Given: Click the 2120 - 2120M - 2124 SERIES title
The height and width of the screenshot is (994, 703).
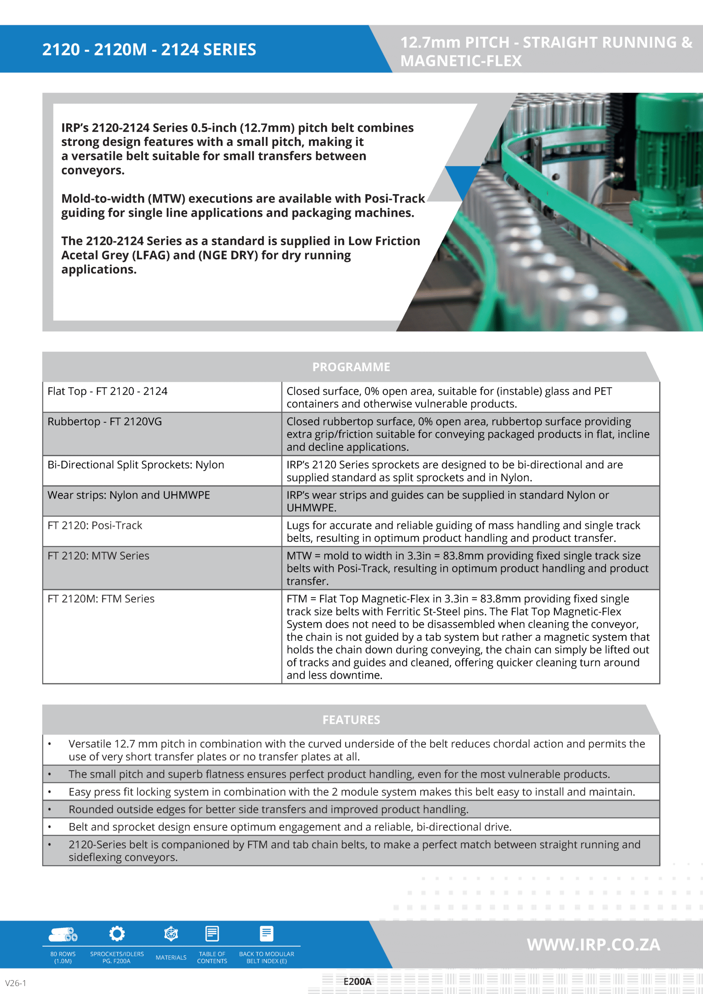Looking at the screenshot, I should click(x=149, y=50).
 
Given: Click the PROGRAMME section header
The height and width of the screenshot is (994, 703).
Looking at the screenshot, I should click(x=351, y=367).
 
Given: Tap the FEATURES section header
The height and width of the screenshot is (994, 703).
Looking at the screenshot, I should click(x=351, y=719).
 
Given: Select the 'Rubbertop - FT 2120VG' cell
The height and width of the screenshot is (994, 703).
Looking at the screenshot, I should click(x=105, y=422).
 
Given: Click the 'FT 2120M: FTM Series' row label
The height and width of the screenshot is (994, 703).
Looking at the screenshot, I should click(x=101, y=599).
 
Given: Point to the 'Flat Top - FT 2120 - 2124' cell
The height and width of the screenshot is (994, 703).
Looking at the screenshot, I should click(x=108, y=391).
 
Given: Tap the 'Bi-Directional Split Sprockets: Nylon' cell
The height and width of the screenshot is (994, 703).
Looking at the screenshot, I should click(x=136, y=465).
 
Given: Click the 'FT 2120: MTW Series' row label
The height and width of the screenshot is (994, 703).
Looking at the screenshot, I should click(x=98, y=556).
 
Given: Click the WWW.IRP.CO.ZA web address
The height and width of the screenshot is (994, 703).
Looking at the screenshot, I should click(x=593, y=945).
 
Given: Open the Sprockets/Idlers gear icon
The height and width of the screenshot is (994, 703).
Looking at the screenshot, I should click(x=117, y=934).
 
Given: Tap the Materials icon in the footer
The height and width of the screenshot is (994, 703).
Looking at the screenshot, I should click(x=171, y=934).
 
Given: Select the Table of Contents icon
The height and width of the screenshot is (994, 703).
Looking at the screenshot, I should click(x=212, y=934).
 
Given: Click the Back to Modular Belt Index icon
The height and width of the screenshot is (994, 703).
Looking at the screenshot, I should click(x=266, y=934).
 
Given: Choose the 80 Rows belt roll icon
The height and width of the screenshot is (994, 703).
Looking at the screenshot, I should click(x=63, y=935).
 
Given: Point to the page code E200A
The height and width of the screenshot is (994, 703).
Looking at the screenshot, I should click(x=357, y=982).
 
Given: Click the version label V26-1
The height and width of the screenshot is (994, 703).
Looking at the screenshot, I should click(x=16, y=983).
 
